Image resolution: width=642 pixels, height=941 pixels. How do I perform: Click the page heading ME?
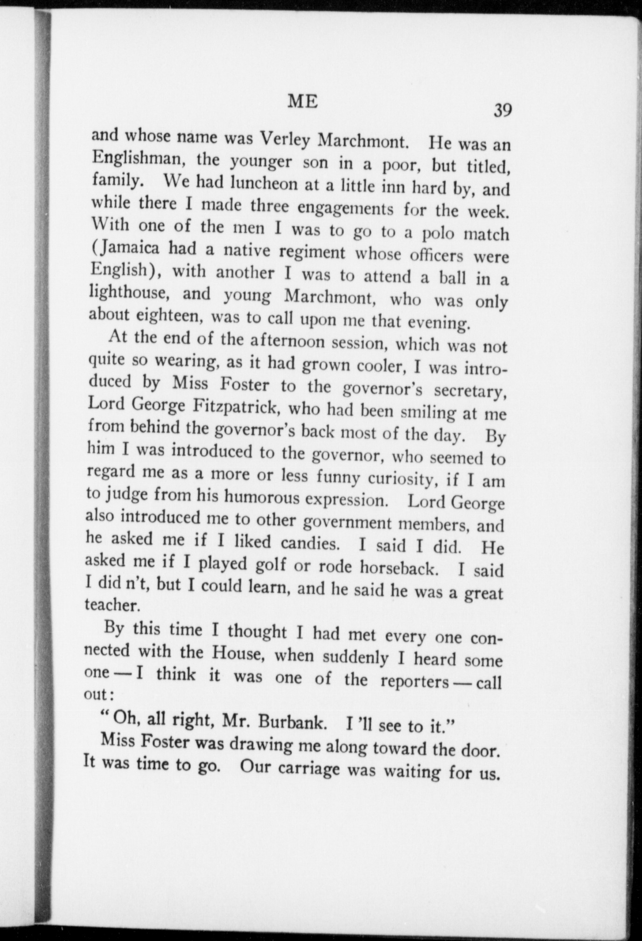303,101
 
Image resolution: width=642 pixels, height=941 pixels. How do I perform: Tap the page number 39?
502,110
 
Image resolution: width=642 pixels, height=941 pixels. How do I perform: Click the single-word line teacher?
112,605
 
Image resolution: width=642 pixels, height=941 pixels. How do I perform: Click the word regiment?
313,252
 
